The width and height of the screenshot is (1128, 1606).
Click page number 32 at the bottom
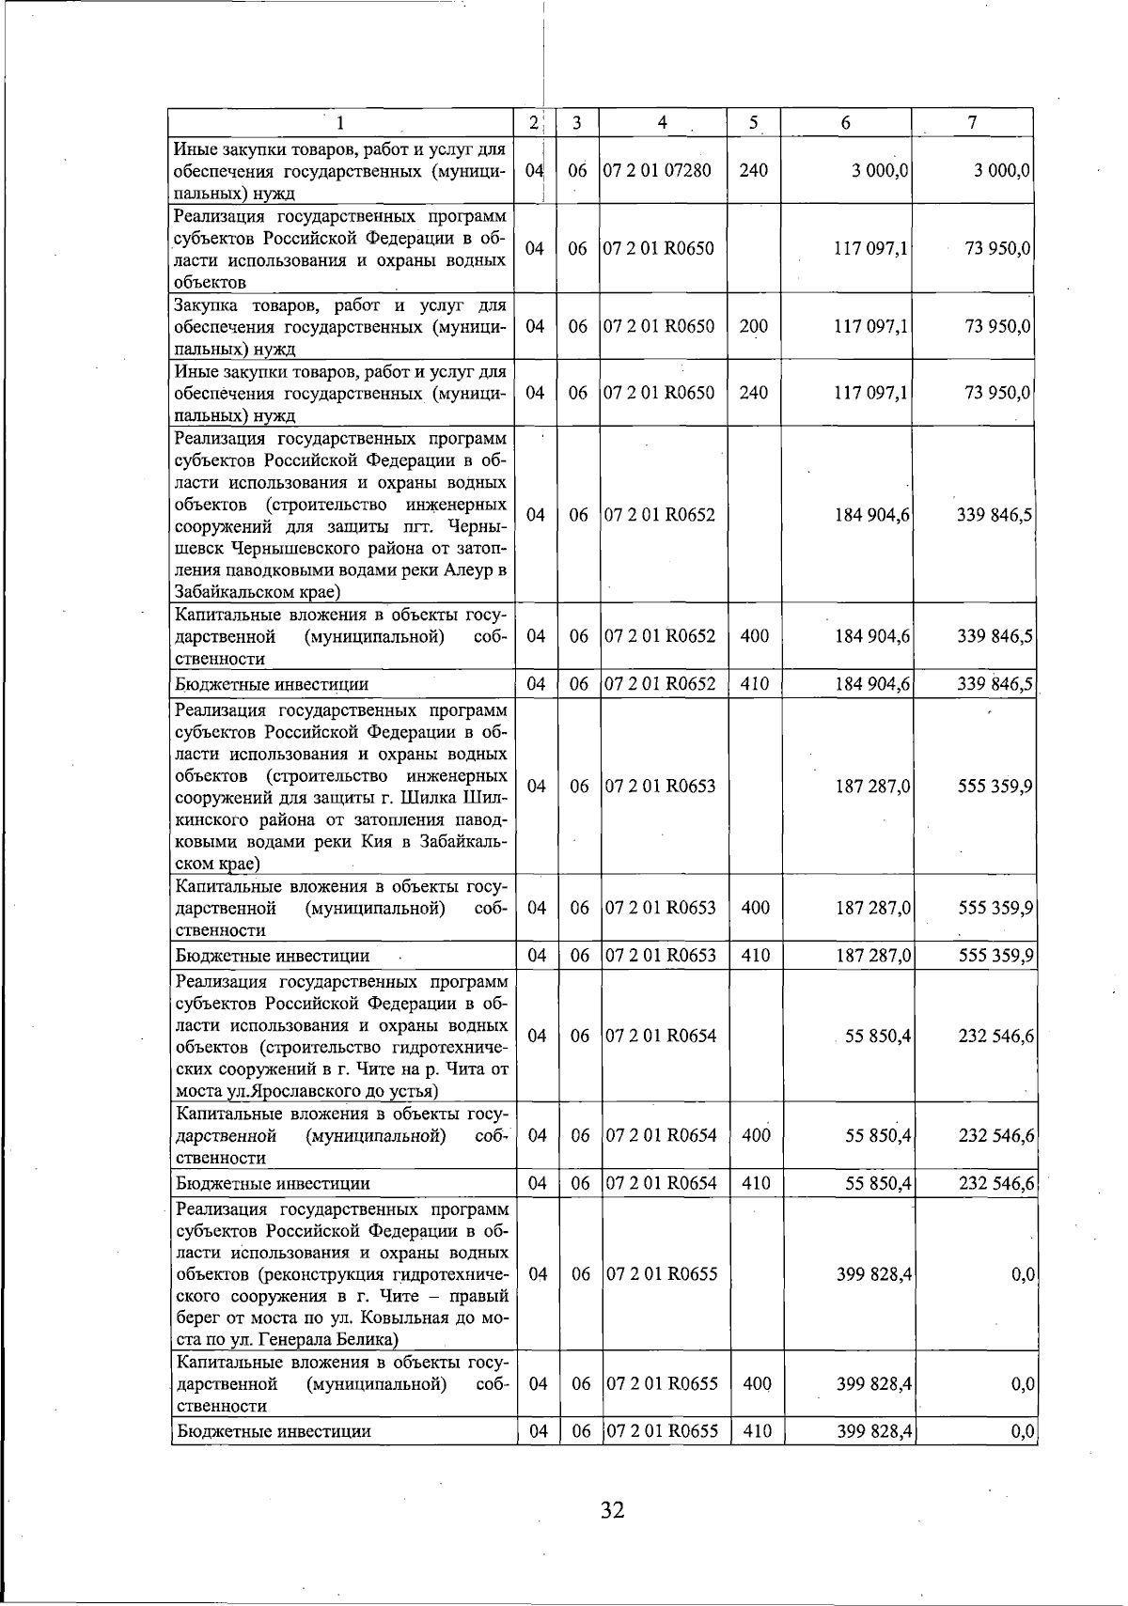click(612, 1510)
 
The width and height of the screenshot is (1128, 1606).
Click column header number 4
click(663, 122)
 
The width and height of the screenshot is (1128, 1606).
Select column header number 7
click(972, 122)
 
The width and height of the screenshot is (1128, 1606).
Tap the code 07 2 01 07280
click(657, 170)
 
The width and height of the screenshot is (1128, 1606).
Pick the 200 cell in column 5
click(753, 326)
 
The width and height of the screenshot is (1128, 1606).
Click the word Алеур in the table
click(464, 569)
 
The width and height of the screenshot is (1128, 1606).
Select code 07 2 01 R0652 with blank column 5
click(659, 515)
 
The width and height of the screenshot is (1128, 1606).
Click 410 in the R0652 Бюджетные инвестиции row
click(754, 684)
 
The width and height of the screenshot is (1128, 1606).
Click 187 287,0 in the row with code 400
click(872, 908)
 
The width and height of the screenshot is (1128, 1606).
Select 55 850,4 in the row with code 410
click(878, 1183)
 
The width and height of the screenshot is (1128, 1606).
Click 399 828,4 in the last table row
click(874, 1431)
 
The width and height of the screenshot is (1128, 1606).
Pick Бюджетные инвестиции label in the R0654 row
click(273, 1183)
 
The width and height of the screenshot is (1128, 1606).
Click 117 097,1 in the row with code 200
click(870, 326)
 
